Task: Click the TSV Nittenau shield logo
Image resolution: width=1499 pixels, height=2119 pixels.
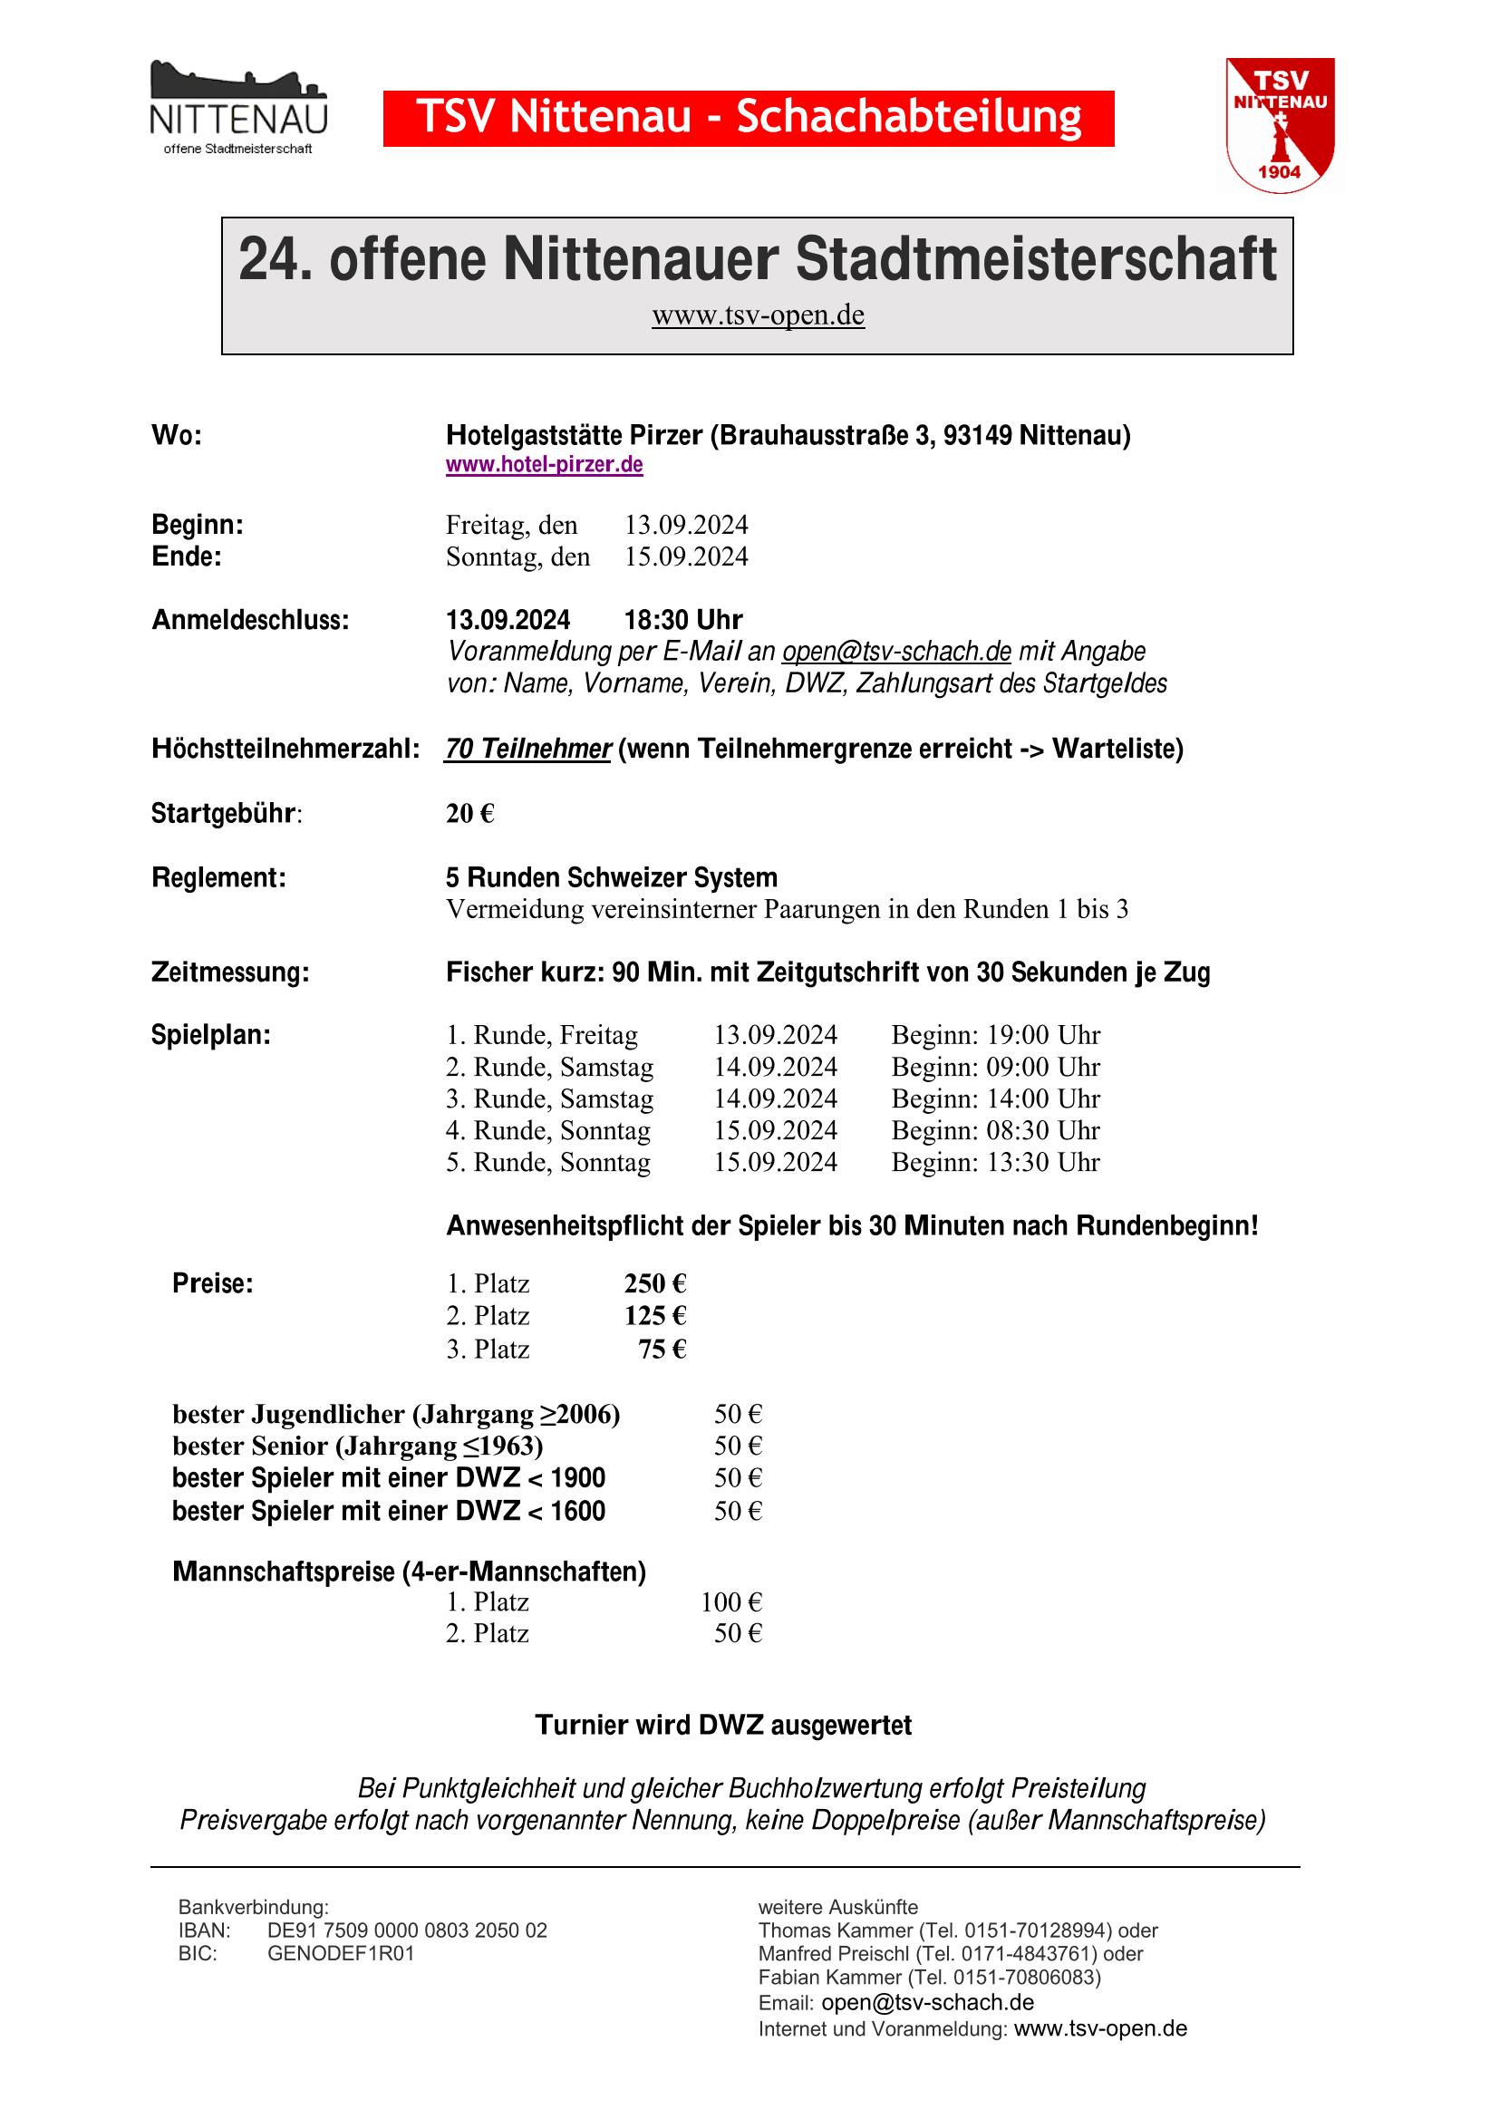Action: [x=1280, y=124]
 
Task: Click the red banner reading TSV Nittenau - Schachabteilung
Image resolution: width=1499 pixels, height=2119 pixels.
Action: [x=748, y=118]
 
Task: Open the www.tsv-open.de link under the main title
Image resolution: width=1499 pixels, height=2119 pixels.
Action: [x=758, y=315]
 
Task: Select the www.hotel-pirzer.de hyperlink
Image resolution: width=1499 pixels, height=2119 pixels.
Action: [x=544, y=464]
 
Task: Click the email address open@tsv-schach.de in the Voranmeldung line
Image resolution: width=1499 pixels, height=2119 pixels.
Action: [x=896, y=652]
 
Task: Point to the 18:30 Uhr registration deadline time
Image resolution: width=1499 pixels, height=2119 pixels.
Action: [x=683, y=619]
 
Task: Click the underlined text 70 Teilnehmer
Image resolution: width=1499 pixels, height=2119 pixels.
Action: [x=527, y=749]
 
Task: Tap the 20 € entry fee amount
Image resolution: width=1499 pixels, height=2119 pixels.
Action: [x=469, y=813]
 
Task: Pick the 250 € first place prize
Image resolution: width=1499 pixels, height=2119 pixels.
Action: [x=654, y=1283]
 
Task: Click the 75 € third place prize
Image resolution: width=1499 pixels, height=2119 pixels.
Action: [x=662, y=1350]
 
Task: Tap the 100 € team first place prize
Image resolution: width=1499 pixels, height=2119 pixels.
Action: [x=731, y=1601]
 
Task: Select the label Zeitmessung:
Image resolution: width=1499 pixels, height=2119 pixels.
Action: [x=230, y=972]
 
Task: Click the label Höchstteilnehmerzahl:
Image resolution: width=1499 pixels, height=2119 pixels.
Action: [x=285, y=749]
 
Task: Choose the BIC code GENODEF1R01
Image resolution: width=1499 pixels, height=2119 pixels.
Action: [x=341, y=1953]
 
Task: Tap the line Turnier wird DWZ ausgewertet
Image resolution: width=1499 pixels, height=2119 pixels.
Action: [x=722, y=1725]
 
